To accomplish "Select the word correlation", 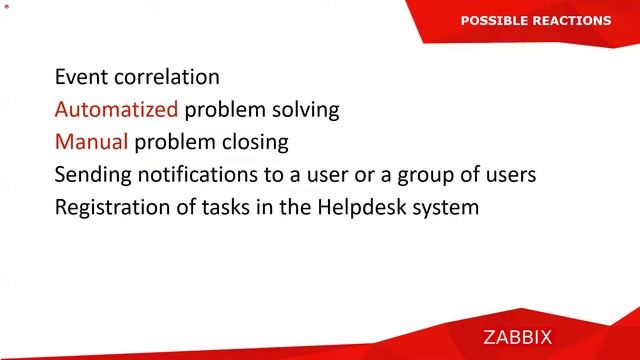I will (166, 76).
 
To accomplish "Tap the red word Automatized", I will (116, 109).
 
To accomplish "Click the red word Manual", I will (91, 142).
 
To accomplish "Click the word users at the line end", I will (509, 175).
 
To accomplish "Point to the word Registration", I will (113, 208).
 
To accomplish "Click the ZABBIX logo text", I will (531, 338).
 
